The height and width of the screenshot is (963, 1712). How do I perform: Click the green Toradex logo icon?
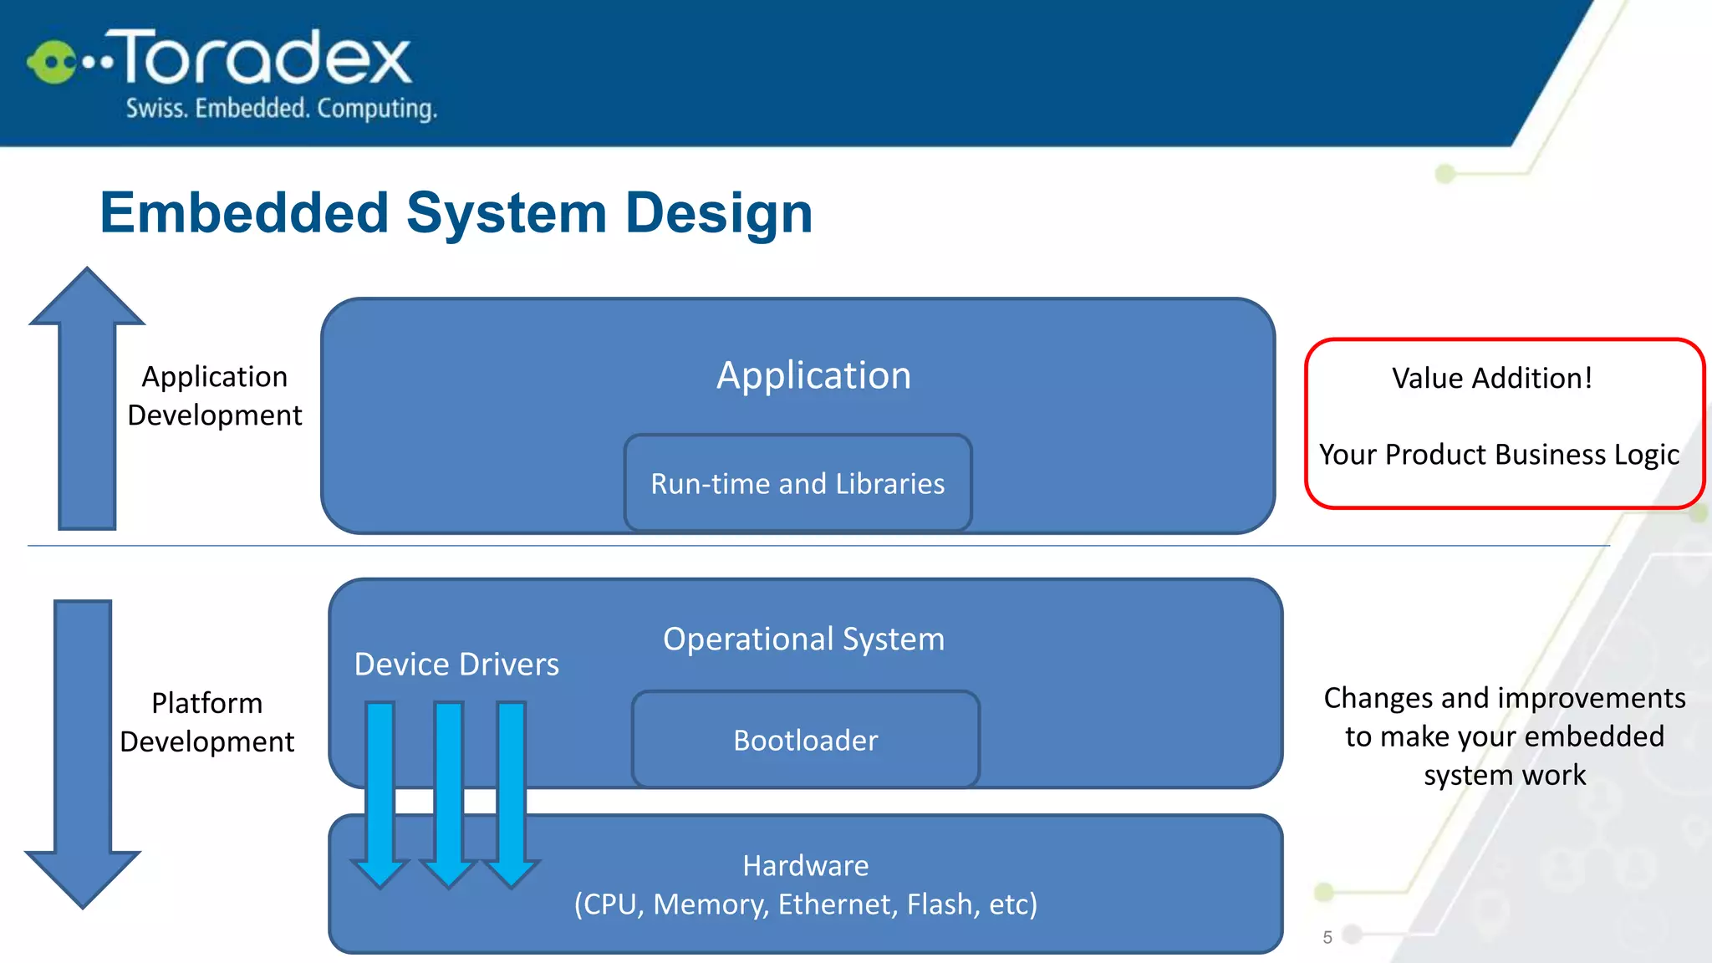point(52,62)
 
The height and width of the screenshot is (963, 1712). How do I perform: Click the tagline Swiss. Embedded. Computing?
point(281,109)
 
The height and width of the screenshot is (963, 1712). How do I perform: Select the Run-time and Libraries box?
point(797,483)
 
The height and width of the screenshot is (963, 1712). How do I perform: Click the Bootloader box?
point(805,740)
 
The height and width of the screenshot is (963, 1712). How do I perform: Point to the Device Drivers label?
point(456,664)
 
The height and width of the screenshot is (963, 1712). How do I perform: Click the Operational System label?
point(803,639)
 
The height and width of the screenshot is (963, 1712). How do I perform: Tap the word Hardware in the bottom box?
point(805,865)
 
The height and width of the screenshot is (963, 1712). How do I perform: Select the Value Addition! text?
point(1492,378)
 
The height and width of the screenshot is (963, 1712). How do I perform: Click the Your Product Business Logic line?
point(1499,454)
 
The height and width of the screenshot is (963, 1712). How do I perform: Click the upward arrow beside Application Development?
point(87,401)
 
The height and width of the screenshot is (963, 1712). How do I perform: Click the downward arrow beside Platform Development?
point(83,752)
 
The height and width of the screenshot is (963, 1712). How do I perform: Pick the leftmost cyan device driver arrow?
point(380,794)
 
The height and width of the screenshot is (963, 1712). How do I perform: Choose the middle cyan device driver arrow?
point(449,794)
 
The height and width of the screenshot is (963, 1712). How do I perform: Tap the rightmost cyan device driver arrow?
point(512,794)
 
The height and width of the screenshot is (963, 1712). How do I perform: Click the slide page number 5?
point(1327,937)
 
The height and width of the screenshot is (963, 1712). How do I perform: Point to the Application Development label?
point(215,395)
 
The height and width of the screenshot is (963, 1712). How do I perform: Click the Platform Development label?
point(207,722)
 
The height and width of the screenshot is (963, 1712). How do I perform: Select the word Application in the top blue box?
point(813,375)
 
